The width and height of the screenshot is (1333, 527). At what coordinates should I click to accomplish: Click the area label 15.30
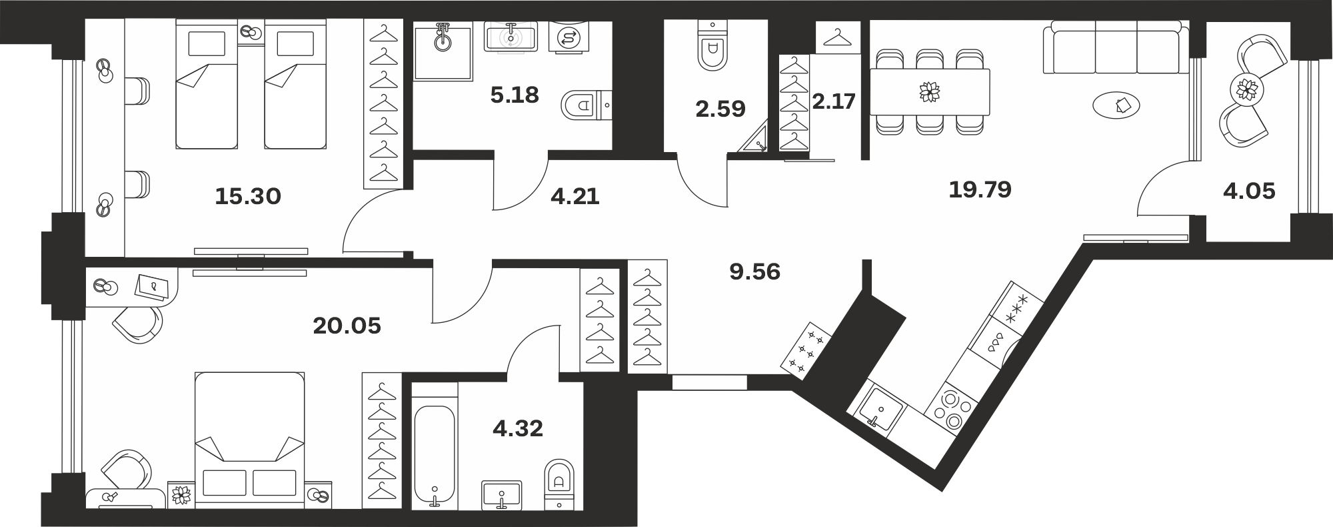248,196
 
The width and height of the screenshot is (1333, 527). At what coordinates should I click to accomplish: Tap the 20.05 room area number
347,326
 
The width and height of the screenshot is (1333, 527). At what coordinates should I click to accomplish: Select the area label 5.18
514,95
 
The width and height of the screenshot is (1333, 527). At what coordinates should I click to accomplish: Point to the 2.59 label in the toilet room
720,109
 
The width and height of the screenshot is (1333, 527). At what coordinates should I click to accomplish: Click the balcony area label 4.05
1249,192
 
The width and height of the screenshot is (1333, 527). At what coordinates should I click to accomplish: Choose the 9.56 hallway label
755,272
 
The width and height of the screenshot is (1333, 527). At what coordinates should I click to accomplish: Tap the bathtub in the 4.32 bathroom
435,457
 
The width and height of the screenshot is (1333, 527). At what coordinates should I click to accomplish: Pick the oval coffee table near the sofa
1116,105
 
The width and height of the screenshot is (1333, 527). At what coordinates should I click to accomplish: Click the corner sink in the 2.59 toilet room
756,140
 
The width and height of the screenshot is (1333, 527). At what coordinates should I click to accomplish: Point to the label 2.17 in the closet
834,101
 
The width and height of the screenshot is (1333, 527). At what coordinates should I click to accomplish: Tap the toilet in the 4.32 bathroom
559,484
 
